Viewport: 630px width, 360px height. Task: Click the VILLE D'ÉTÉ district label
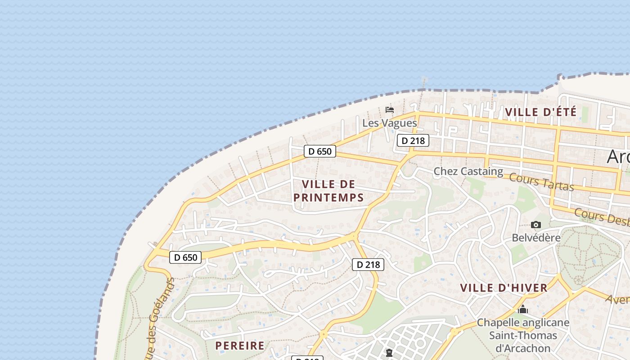540,112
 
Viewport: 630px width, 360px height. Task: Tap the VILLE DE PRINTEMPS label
328,191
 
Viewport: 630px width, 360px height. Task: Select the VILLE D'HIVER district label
504,288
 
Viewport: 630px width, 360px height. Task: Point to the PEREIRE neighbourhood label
240,346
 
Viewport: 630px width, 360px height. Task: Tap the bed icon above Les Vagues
390,110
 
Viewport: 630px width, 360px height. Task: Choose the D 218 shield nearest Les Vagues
413,141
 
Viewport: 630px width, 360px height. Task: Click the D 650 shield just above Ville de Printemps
319,151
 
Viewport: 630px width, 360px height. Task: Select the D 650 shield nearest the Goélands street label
185,257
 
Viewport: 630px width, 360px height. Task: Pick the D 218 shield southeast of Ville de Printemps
368,265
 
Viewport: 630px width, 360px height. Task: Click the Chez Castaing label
468,171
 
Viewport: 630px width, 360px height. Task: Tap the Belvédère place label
536,237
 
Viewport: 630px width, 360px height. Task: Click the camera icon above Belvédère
535,225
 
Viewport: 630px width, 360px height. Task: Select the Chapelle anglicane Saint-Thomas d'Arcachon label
523,335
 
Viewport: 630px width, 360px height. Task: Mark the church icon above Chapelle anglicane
522,310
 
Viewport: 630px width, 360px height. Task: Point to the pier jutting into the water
424,83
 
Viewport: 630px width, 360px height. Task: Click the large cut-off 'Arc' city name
618,157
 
